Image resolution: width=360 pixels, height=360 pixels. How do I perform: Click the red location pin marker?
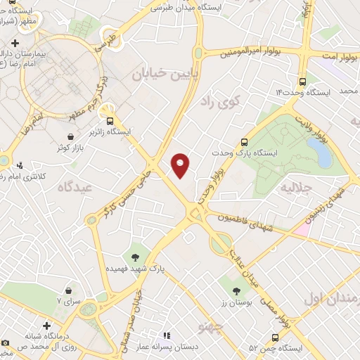(x=181, y=165)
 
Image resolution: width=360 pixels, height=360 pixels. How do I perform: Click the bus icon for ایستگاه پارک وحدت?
(x=244, y=141)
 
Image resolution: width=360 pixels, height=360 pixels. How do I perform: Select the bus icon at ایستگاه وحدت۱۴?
(x=302, y=81)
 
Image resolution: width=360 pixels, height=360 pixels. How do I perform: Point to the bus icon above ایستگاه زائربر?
(x=108, y=108)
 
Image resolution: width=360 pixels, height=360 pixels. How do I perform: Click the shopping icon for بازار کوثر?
(x=70, y=137)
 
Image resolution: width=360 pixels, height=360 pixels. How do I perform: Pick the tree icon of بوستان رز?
(x=236, y=290)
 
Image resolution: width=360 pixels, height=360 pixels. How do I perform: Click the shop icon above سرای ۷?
(x=68, y=289)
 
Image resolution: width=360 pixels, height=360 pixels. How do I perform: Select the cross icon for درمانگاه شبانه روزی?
(x=47, y=326)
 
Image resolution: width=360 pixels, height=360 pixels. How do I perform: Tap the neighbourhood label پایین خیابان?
(x=161, y=72)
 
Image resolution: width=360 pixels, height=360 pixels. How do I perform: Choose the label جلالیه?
(x=295, y=188)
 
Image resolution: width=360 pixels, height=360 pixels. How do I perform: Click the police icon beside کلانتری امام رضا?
(x=20, y=167)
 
